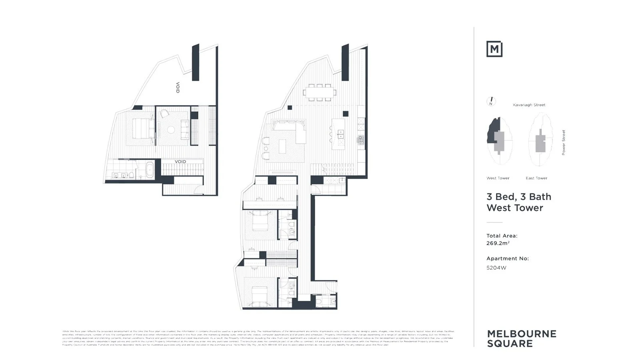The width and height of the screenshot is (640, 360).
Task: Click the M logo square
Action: point(494,49)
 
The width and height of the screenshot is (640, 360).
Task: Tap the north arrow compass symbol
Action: point(491,102)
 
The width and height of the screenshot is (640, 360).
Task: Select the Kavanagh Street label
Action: point(529,105)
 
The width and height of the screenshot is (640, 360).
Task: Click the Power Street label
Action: point(563,142)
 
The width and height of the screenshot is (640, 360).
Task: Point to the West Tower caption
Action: point(498,178)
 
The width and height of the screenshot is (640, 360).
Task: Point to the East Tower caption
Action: point(536,178)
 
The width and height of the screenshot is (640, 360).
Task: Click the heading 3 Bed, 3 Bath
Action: point(518,197)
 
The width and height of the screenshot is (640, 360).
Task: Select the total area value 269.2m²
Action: point(498,243)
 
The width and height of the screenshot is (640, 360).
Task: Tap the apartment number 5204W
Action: point(496,268)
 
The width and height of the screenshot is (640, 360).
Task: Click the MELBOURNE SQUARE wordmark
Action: point(521,338)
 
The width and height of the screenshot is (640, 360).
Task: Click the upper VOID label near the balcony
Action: point(178,88)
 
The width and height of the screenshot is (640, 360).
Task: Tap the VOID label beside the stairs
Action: point(180,162)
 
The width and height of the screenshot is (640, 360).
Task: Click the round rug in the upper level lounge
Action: point(171,130)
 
